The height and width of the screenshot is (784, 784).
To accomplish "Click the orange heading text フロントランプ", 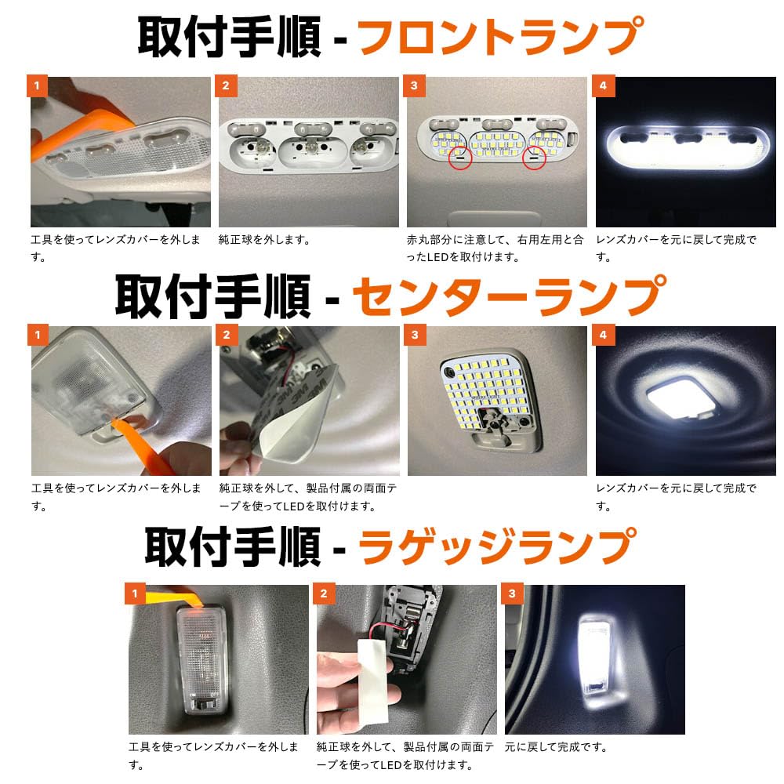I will pyautogui.click(x=500, y=36).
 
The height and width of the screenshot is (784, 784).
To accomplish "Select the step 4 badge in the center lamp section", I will pyautogui.click(x=603, y=336).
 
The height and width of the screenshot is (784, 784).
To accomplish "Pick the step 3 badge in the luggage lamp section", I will pyautogui.click(x=513, y=593).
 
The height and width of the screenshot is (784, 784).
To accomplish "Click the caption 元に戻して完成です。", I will pyautogui.click(x=556, y=747).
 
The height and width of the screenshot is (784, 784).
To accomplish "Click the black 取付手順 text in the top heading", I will pyautogui.click(x=229, y=36).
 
